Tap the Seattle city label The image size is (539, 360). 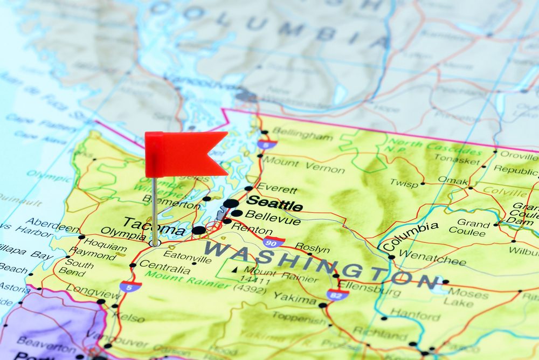pyautogui.click(x=274, y=204)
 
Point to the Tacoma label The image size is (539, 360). pyautogui.click(x=154, y=225)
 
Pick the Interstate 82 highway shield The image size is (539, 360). pyautogui.click(x=337, y=294)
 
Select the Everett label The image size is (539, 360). pyautogui.click(x=277, y=189)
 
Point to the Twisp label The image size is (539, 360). pyautogui.click(x=404, y=183)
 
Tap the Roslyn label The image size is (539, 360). pyautogui.click(x=312, y=249)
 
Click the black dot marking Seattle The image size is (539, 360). pyautogui.click(x=231, y=203)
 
